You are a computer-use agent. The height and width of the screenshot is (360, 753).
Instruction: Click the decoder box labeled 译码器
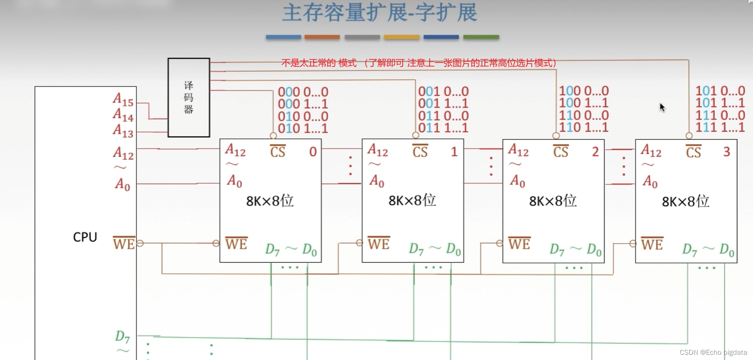click(189, 97)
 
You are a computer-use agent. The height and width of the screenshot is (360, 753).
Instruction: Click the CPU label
click(85, 237)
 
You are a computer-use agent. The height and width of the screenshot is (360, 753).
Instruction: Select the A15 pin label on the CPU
click(123, 99)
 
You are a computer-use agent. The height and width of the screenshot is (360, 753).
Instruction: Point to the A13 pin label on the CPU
click(123, 131)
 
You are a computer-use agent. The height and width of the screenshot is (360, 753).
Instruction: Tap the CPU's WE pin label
click(124, 243)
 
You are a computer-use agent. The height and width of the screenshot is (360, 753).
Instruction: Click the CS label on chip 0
click(278, 151)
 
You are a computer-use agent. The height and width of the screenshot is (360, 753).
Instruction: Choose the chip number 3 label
click(726, 152)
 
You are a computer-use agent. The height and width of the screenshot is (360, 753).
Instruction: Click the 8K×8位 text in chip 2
click(552, 201)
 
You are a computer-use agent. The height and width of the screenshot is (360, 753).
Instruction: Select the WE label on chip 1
click(379, 244)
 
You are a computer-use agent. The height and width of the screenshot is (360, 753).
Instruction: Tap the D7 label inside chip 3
click(689, 250)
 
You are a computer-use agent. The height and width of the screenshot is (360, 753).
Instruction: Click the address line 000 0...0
click(303, 92)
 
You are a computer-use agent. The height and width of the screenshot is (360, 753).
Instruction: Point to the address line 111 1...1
click(720, 127)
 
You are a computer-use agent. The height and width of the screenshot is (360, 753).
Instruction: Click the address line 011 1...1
click(443, 128)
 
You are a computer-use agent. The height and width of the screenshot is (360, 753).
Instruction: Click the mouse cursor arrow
click(662, 107)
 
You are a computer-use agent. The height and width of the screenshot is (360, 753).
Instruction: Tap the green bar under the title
click(481, 37)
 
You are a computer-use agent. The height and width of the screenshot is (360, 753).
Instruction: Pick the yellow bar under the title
click(401, 37)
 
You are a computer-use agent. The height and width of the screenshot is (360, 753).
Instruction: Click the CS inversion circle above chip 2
click(556, 136)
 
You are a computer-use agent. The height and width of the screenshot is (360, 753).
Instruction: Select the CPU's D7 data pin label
click(122, 337)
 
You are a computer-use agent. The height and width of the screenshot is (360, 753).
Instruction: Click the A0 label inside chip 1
click(377, 181)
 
